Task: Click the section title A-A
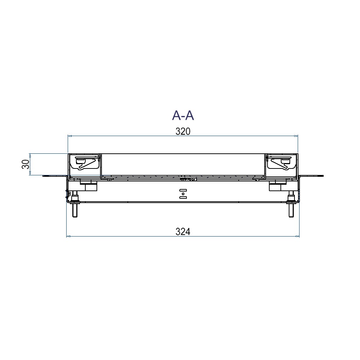183,115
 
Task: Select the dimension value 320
183,131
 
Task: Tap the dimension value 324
183,231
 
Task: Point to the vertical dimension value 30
26,164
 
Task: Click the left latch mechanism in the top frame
86,162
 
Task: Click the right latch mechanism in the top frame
280,162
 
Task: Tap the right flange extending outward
311,176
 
